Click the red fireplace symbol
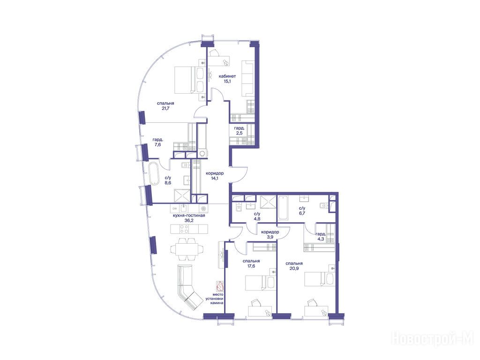[220, 286]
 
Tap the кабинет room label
[227, 76]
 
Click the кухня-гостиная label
[188, 215]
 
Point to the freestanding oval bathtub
[153, 173]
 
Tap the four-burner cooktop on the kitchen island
[185, 229]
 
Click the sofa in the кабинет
[248, 78]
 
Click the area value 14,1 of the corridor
[214, 178]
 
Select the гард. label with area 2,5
[239, 130]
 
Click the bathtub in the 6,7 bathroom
[283, 208]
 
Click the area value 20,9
[294, 268]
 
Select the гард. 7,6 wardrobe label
[157, 142]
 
